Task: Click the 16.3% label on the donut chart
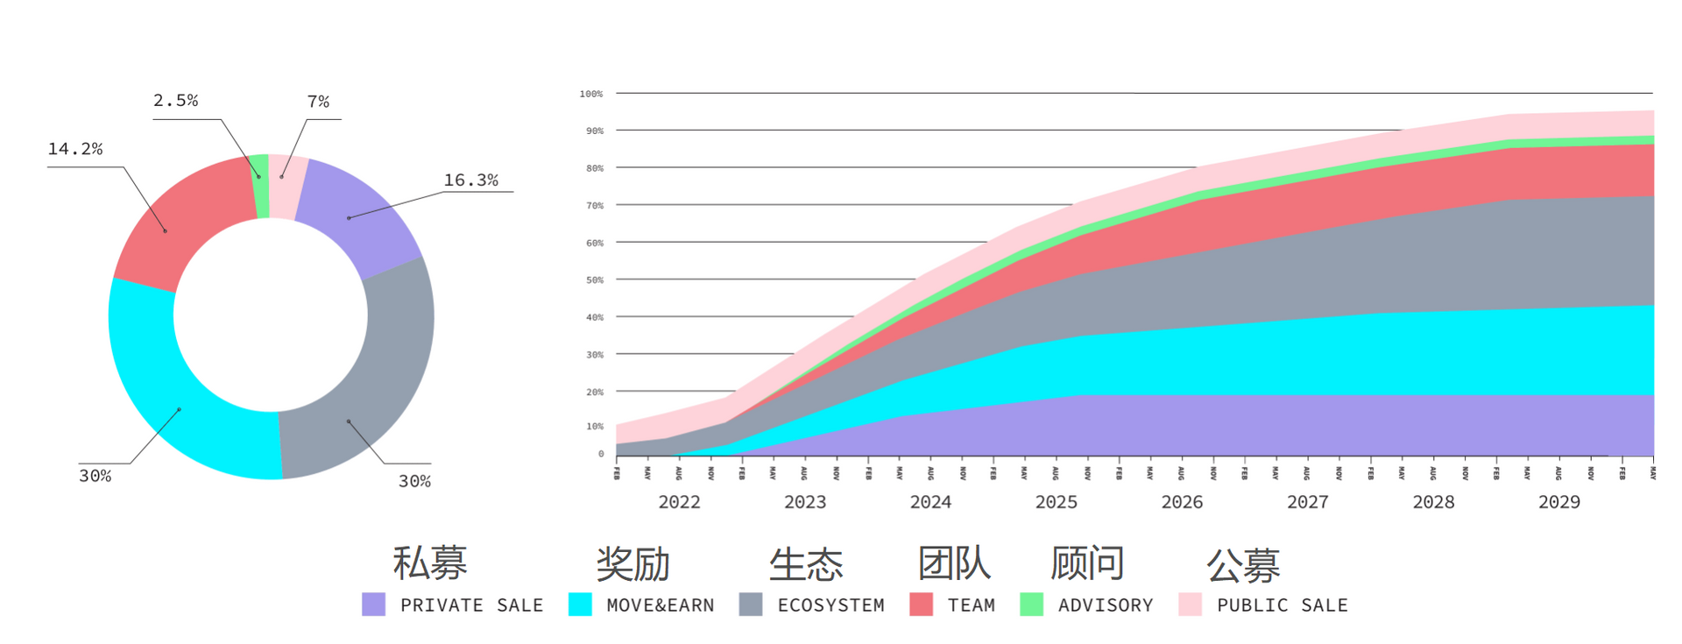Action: (x=470, y=180)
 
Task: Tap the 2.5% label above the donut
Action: (x=175, y=101)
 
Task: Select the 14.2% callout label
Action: (x=74, y=149)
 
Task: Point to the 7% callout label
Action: (x=318, y=103)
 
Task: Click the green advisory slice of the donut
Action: (x=260, y=186)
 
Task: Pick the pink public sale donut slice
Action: (x=286, y=187)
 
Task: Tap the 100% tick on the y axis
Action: (x=591, y=94)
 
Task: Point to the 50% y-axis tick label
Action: (x=595, y=280)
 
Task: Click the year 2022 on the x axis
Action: (x=679, y=502)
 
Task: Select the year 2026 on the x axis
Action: (x=1182, y=502)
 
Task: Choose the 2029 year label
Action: (x=1559, y=502)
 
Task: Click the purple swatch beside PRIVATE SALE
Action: (x=373, y=605)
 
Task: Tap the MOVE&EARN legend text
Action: (x=660, y=605)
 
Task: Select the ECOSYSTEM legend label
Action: (x=830, y=605)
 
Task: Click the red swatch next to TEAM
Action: (x=921, y=605)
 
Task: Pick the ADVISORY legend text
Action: (x=1105, y=605)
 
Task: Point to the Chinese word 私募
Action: (x=429, y=563)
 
